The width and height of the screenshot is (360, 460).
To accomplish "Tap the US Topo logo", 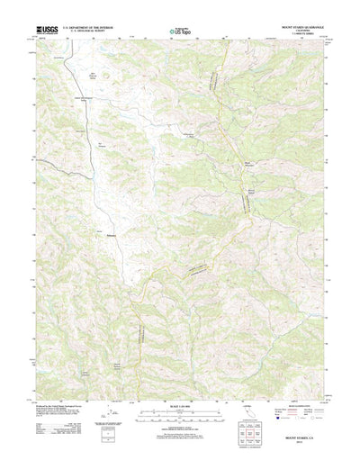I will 179,32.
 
